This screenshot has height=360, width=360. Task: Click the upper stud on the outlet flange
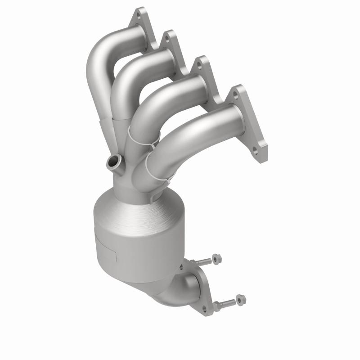202,261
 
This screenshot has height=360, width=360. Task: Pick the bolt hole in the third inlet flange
196,66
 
